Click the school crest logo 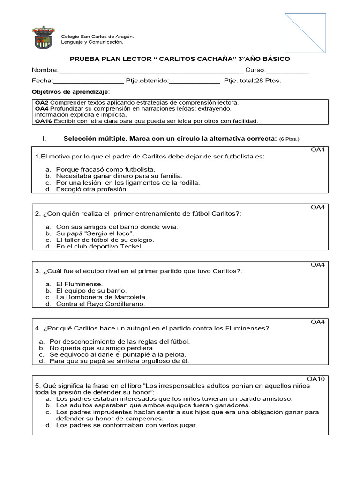43,38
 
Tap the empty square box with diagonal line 305,33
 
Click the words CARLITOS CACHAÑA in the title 196,59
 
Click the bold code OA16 44,121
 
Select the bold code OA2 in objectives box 42,102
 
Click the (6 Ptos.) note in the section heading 289,139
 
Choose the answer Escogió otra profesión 92,189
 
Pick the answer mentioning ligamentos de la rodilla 127,182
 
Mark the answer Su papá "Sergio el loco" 95,233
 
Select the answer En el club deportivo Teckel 99,246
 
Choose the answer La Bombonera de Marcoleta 101,297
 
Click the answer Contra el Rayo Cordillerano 101,304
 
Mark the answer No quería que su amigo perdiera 102,348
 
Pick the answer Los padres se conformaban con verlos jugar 127,425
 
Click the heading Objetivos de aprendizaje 70,91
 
